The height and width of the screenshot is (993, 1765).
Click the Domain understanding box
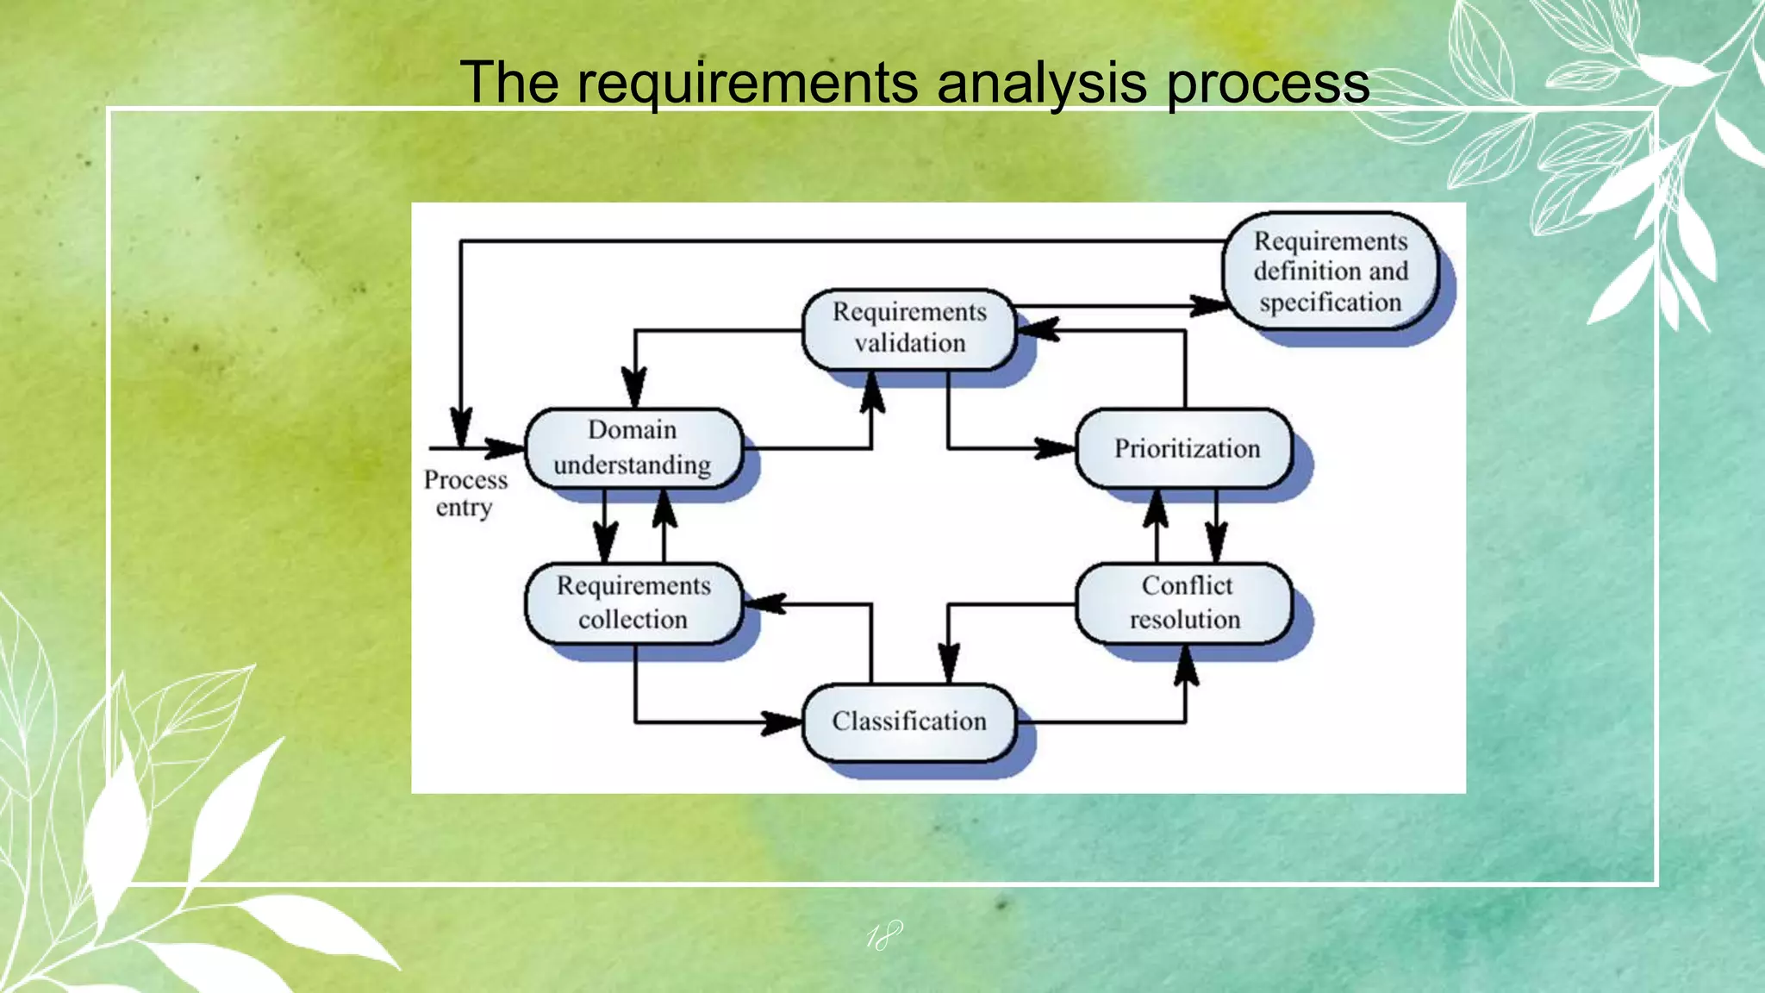(x=633, y=447)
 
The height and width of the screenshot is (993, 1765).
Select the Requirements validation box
(x=909, y=328)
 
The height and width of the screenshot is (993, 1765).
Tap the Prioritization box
(x=1185, y=448)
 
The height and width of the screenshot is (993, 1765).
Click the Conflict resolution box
(x=1185, y=603)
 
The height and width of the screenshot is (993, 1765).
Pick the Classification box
(x=909, y=721)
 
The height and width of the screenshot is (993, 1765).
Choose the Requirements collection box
(x=633, y=603)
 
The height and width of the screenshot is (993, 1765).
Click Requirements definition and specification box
(x=1331, y=272)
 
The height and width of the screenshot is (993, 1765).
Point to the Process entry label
(x=465, y=493)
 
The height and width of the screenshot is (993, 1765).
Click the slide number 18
(x=883, y=936)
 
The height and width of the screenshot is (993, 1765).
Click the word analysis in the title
(x=1041, y=84)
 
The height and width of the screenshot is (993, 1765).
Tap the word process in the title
(x=1268, y=84)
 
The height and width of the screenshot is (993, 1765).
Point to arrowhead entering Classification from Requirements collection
(x=783, y=722)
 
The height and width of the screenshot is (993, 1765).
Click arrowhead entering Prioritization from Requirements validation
(x=1056, y=448)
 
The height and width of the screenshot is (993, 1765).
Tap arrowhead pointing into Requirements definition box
(x=1208, y=305)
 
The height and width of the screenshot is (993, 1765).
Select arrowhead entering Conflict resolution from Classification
(x=1186, y=665)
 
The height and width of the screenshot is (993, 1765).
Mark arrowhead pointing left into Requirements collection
(x=764, y=603)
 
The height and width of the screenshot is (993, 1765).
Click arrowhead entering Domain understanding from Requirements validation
(x=634, y=388)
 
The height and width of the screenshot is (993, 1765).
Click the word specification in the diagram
(x=1331, y=303)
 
